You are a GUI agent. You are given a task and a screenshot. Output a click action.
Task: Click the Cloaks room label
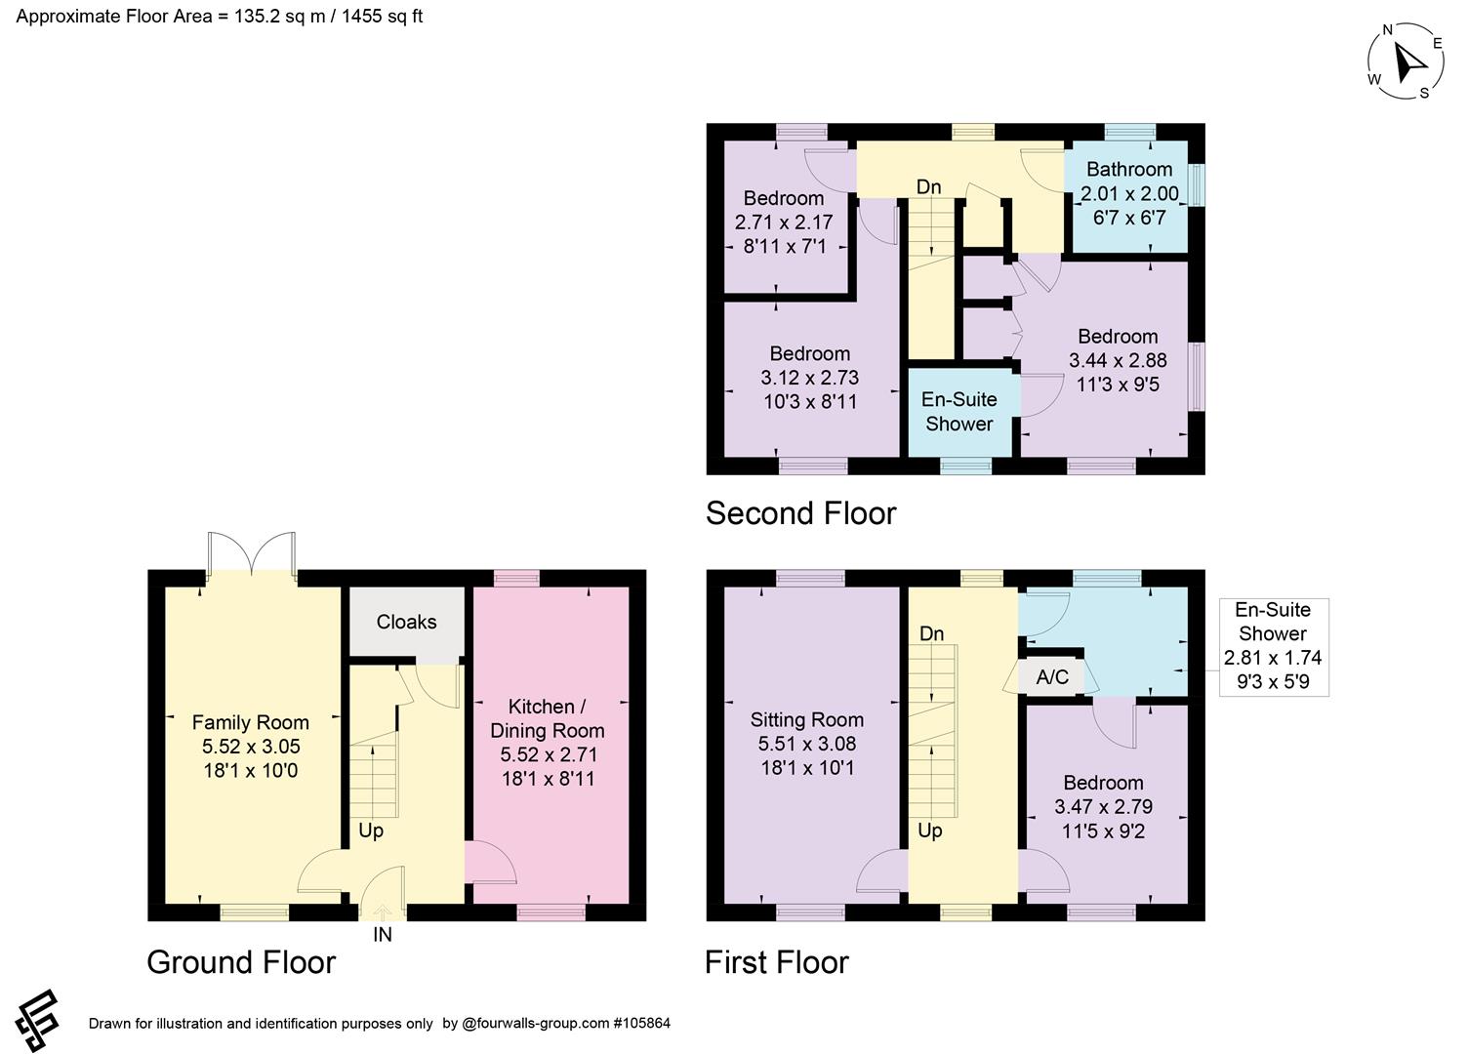tap(406, 622)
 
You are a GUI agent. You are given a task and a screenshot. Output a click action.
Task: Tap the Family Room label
tap(250, 722)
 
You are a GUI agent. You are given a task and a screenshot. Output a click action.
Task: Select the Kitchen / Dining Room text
tap(548, 718)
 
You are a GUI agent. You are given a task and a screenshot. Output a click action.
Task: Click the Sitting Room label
tap(807, 720)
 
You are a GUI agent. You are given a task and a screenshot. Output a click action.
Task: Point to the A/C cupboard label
tap(1052, 676)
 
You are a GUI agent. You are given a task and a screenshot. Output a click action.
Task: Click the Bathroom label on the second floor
tap(1129, 169)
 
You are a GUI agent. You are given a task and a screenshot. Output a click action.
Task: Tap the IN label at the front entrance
tap(383, 935)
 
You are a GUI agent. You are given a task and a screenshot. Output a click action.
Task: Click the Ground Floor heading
tap(241, 962)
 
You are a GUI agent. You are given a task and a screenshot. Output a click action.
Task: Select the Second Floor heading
tap(800, 513)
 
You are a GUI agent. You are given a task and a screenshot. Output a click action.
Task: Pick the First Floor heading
tap(777, 962)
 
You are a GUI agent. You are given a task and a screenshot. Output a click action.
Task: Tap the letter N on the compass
tap(1387, 30)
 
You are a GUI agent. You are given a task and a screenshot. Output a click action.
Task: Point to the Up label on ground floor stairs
tap(370, 831)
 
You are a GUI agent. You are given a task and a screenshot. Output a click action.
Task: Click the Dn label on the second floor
tap(928, 186)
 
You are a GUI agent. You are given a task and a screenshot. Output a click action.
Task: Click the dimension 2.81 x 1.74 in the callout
tap(1273, 658)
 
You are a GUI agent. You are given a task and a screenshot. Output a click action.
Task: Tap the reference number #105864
tap(641, 1023)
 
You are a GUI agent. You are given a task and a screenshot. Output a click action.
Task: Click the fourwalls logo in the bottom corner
tap(37, 1021)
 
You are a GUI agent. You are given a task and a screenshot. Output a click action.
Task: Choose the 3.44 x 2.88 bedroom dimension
tap(1118, 360)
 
